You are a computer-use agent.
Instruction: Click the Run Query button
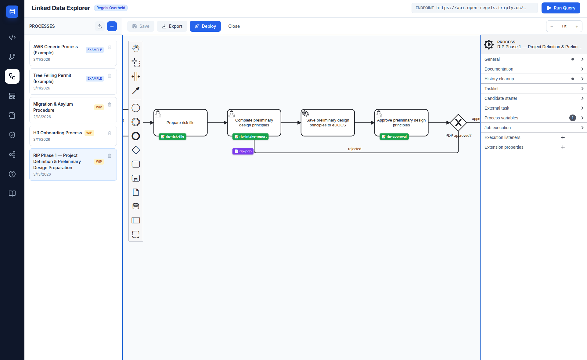click(560, 8)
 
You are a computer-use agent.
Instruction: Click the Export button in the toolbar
click(172, 26)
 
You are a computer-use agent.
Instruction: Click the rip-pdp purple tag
click(243, 151)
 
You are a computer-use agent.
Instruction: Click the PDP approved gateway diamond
click(458, 123)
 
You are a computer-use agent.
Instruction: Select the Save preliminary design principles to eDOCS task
click(327, 123)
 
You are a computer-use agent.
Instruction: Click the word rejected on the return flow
click(355, 149)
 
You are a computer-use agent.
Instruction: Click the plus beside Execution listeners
click(563, 137)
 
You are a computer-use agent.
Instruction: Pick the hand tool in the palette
click(136, 48)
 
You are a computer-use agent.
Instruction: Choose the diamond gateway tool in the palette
click(136, 150)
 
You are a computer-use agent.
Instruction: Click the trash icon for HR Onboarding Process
click(110, 133)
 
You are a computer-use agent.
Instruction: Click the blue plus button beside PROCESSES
click(112, 26)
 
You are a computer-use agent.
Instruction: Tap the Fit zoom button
click(564, 26)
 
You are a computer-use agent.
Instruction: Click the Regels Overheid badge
click(110, 8)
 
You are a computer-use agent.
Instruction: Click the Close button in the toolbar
click(234, 26)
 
